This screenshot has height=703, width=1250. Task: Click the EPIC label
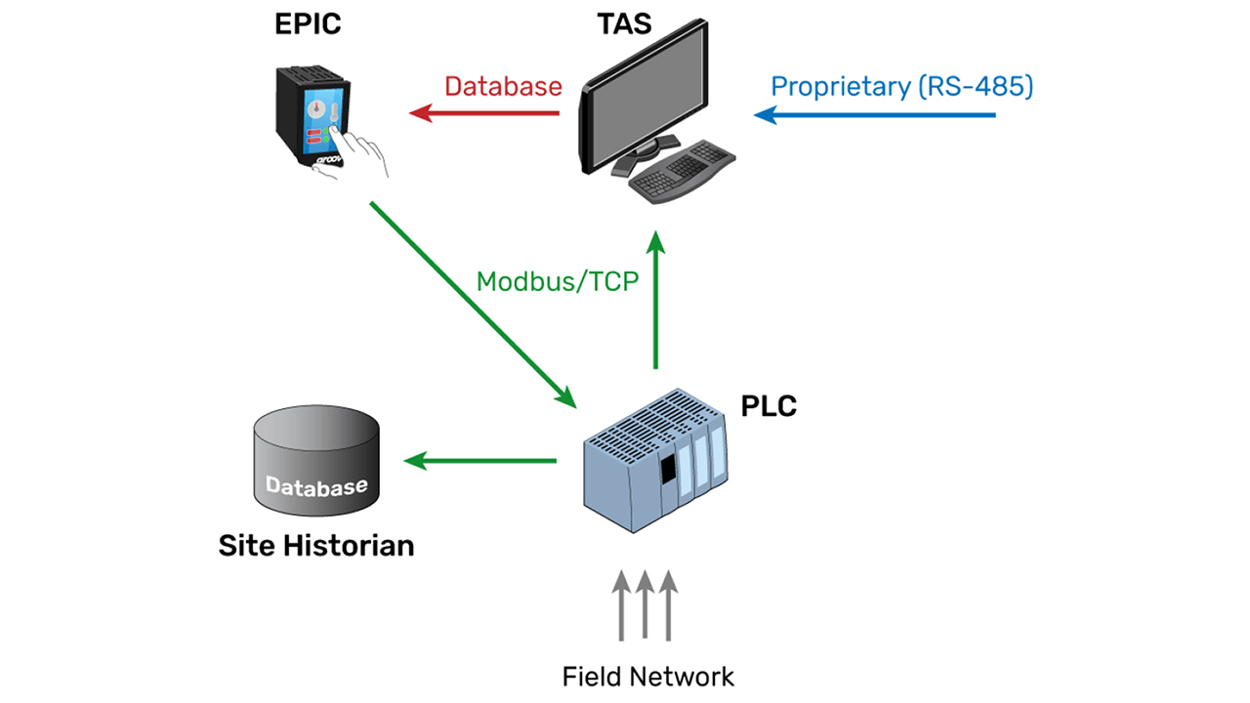[309, 22]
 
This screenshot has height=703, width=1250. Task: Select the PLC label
[769, 404]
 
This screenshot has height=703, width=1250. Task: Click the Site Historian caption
[315, 545]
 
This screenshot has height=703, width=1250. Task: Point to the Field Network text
[647, 676]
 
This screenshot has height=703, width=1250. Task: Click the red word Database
[503, 86]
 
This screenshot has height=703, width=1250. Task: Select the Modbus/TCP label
[557, 282]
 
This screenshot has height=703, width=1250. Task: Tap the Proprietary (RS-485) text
[901, 86]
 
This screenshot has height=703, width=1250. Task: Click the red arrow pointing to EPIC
[483, 114]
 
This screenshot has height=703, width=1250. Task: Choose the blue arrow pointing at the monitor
[874, 115]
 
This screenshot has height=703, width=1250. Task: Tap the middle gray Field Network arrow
[645, 605]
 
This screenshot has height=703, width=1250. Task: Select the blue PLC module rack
[654, 459]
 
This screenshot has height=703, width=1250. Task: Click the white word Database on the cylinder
[316, 486]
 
